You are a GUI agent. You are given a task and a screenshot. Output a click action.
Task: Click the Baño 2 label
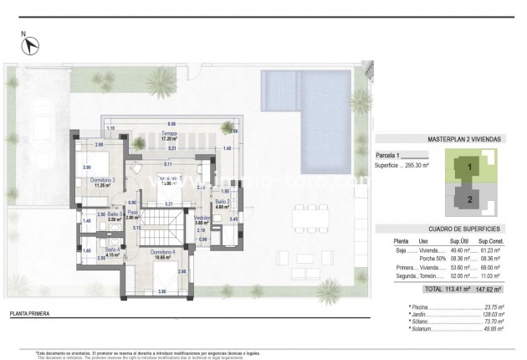[x=222, y=203]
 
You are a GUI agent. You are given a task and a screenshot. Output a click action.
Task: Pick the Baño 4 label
[x=113, y=250]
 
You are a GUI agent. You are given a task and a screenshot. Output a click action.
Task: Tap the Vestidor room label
[x=202, y=219]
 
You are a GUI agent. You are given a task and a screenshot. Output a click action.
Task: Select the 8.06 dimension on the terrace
[x=171, y=123]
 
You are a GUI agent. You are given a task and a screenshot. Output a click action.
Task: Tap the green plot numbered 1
[x=470, y=167]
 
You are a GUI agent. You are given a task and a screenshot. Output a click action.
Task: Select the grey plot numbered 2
[x=470, y=198]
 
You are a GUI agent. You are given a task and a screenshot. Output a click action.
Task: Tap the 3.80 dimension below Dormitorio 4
[x=162, y=291]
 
